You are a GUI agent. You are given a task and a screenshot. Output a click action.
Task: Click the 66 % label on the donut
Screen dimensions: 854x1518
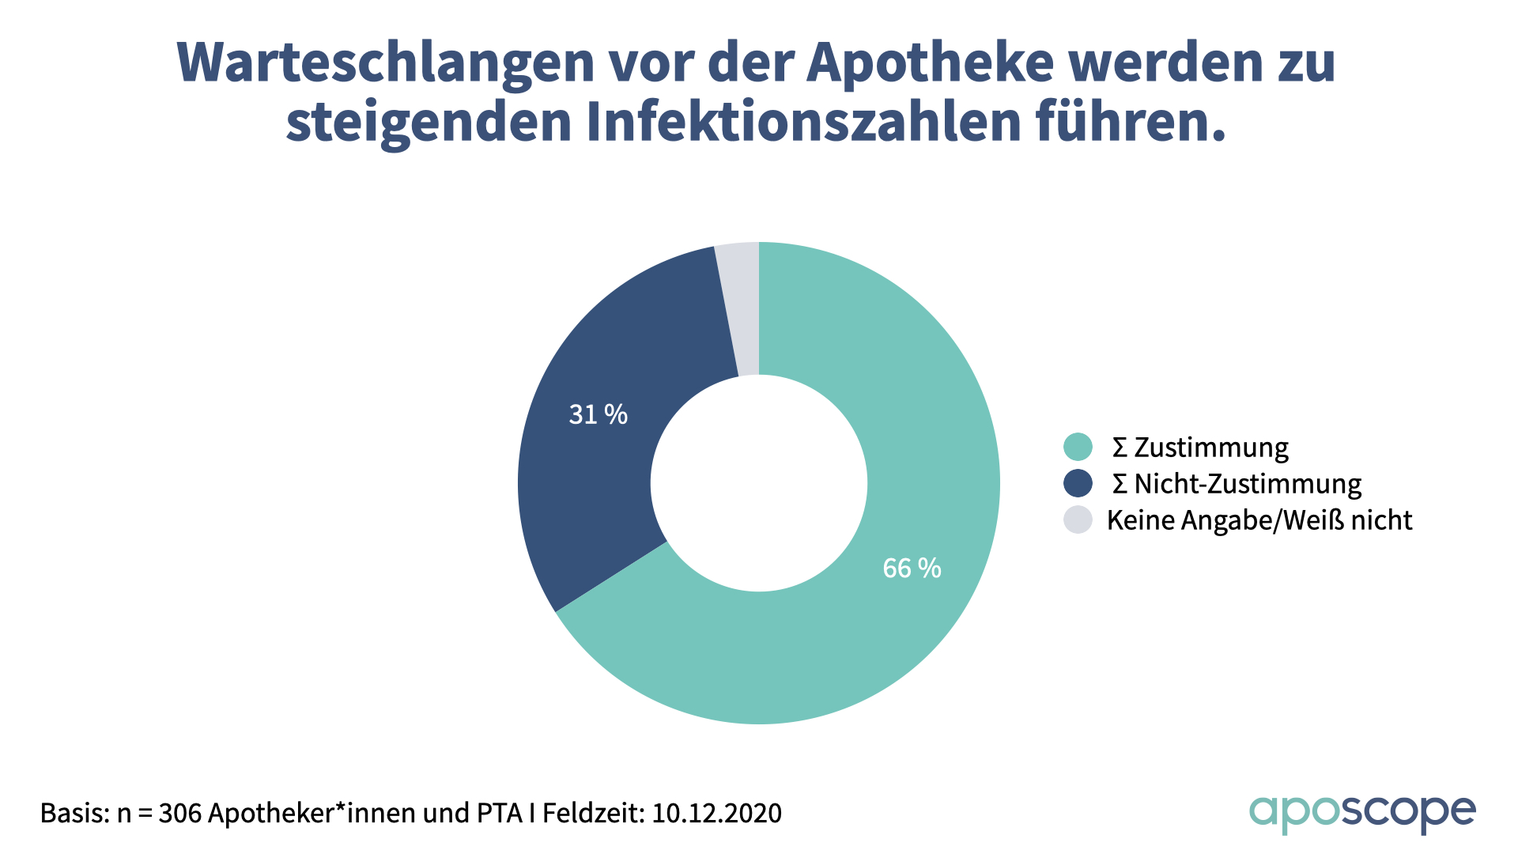912,568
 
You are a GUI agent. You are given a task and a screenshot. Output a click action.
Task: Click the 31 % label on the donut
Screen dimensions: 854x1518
598,414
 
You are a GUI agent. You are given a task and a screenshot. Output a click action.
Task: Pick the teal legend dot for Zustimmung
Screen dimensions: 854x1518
1078,447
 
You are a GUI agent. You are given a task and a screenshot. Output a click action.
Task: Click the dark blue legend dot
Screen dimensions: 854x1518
1078,483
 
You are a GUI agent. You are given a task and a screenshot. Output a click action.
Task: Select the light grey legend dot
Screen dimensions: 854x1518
1078,520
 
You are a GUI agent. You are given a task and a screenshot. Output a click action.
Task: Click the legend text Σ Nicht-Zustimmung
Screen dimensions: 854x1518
1237,483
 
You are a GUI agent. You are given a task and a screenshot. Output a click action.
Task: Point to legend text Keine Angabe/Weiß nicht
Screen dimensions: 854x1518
1259,520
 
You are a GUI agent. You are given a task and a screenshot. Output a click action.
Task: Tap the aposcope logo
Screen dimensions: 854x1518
1361,813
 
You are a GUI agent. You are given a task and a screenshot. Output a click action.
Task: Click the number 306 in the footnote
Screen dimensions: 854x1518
179,813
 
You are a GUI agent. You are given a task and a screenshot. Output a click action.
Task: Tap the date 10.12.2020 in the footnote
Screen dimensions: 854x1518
716,813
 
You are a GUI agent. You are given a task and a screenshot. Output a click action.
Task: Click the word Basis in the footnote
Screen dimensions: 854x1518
74,813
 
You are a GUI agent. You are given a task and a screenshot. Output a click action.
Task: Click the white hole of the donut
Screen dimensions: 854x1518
759,483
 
